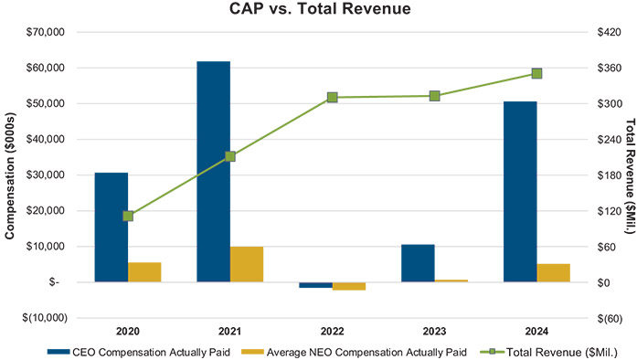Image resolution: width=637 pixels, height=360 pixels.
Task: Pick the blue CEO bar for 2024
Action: (520, 192)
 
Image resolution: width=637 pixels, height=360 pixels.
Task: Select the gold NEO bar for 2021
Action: (247, 264)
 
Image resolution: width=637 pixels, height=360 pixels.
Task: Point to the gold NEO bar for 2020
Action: (144, 272)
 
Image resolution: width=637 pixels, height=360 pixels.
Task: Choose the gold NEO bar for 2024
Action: (553, 273)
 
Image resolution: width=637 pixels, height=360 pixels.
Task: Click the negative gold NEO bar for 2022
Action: (349, 286)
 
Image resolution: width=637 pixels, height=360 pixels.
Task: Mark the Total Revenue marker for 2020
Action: (128, 216)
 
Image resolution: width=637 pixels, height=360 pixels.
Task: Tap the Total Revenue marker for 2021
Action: (230, 156)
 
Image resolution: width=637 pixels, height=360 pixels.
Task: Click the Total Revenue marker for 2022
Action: (333, 97)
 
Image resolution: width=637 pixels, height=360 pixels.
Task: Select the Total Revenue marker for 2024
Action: (536, 73)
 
